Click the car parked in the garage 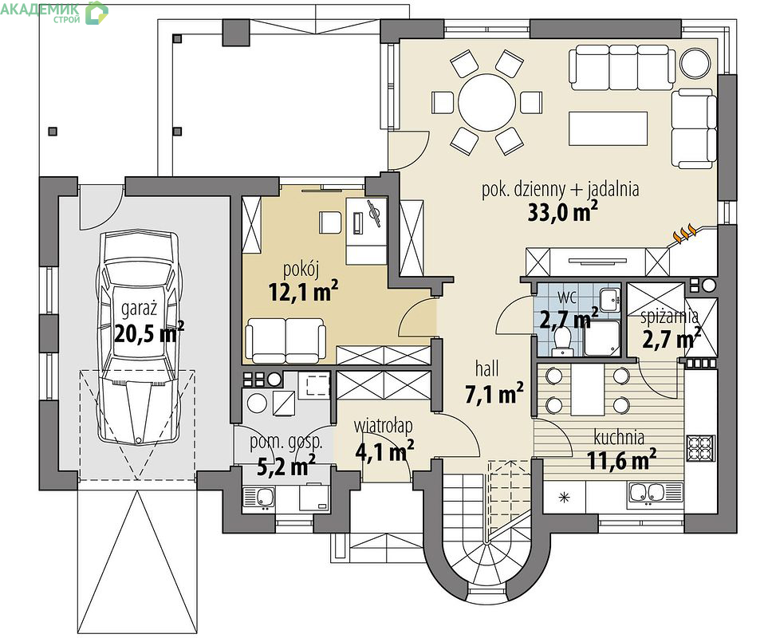[x=138, y=338]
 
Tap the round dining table [x=486, y=102]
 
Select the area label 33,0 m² [x=562, y=212]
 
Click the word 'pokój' [x=301, y=270]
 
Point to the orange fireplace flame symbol [x=685, y=234]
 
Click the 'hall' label [x=486, y=368]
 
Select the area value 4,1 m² [x=384, y=451]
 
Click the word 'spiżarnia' [x=670, y=317]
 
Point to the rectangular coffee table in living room [x=608, y=128]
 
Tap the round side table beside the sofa [x=695, y=62]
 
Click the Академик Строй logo [x=54, y=12]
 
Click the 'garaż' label [x=139, y=309]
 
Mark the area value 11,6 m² [x=621, y=459]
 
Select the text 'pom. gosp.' [x=286, y=442]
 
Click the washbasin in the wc [x=610, y=299]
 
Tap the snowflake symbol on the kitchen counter [x=565, y=498]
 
